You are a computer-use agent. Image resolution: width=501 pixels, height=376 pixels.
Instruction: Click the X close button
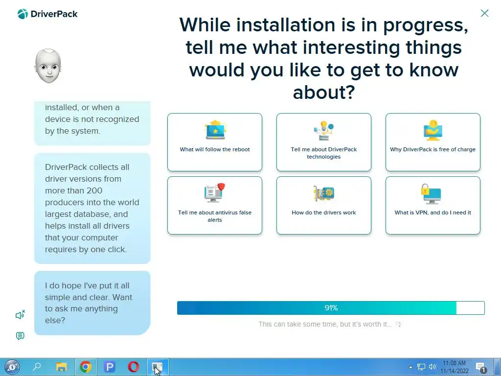484,13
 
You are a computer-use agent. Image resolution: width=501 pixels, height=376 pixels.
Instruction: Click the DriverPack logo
47,14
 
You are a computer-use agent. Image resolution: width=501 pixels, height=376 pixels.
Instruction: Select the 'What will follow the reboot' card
215,142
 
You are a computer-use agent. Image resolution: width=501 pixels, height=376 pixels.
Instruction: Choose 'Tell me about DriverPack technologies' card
324,142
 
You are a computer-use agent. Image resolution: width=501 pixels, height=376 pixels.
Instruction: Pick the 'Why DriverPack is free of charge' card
433,142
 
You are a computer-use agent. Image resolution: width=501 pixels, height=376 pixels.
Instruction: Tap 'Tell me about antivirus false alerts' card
215,205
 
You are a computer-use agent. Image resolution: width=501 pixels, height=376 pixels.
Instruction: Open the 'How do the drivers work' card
324,205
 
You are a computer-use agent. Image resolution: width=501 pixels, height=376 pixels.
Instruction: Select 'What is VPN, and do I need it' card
433,205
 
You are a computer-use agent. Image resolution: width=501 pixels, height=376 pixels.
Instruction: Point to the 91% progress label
331,308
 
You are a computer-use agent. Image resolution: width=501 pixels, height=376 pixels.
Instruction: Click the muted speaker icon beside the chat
20,315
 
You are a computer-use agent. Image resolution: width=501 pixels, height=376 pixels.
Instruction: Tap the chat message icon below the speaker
20,336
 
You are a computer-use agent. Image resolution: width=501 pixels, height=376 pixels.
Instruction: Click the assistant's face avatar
48,66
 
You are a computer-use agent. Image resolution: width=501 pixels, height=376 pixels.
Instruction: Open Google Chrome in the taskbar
85,367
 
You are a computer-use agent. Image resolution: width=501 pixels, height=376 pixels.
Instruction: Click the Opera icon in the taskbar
133,367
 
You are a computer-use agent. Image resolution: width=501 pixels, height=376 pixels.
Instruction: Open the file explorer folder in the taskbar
61,367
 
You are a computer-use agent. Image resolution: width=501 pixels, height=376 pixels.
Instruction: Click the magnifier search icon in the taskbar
37,366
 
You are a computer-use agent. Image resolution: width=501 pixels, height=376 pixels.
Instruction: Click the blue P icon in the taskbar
109,367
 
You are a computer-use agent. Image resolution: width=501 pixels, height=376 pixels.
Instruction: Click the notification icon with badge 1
481,367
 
